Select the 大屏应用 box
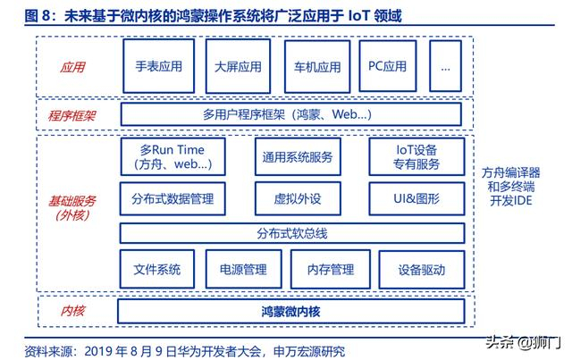pos(238,67)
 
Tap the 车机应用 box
pos(316,67)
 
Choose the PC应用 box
pos(387,67)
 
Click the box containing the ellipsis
pos(445,67)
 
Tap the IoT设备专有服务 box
pos(416,157)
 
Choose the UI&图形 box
pos(416,199)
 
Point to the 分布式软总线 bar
pos(291,233)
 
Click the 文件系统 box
pos(157,269)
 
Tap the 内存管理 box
pos(330,269)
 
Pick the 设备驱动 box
pos(422,269)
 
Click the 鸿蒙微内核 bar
pos(291,312)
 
